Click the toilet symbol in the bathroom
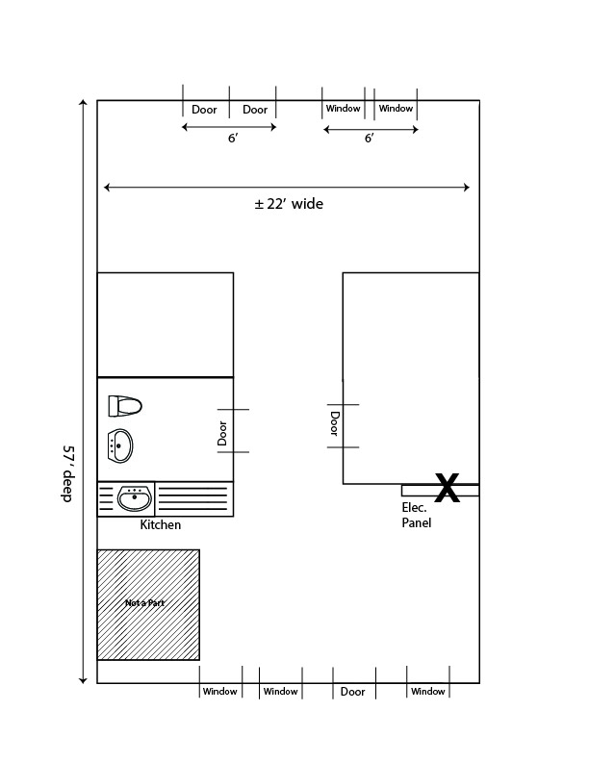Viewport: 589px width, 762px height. click(x=125, y=406)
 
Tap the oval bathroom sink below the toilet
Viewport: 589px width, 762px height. click(x=120, y=445)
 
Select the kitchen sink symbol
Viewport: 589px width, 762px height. click(x=135, y=498)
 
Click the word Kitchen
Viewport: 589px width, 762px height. click(x=161, y=525)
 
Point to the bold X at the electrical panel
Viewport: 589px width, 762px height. click(x=448, y=488)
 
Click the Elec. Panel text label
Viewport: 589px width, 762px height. click(x=417, y=515)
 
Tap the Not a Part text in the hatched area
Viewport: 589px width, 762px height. click(x=144, y=603)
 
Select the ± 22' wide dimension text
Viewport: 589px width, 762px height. click(x=289, y=204)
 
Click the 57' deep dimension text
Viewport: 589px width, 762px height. click(x=67, y=473)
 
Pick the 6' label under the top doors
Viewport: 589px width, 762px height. click(x=233, y=139)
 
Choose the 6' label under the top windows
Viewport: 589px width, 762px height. click(x=370, y=139)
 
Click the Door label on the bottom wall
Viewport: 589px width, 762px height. click(x=353, y=692)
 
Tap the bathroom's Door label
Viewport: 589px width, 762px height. click(x=222, y=433)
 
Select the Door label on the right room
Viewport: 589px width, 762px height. click(x=334, y=423)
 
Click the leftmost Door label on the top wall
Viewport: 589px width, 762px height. click(x=204, y=110)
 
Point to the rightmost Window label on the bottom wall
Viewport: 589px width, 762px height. click(x=427, y=691)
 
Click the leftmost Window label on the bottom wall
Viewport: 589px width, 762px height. click(x=219, y=691)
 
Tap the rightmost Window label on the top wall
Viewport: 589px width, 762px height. click(x=396, y=109)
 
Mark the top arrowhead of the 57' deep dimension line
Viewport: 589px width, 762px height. click(x=83, y=103)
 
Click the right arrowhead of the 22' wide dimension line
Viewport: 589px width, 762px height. click(x=467, y=187)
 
